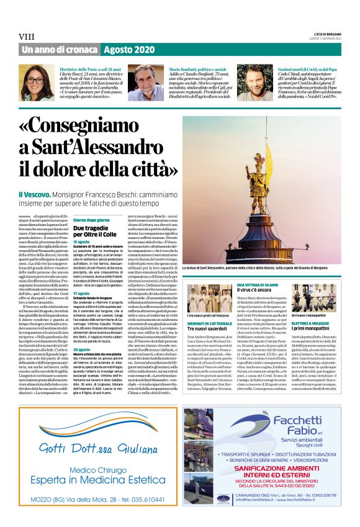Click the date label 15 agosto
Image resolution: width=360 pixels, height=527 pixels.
tap(81, 242)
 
